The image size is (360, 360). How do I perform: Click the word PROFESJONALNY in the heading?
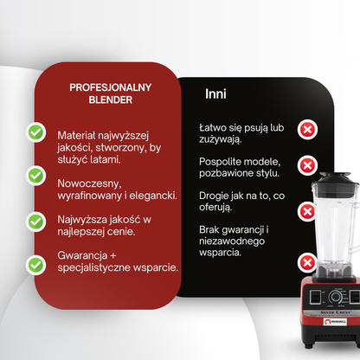[x=111, y=87]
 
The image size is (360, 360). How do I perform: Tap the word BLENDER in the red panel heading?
[x=111, y=100]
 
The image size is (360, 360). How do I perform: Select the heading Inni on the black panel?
[x=215, y=93]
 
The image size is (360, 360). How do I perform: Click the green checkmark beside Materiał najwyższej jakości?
[x=36, y=132]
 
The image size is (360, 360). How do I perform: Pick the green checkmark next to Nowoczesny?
[x=36, y=176]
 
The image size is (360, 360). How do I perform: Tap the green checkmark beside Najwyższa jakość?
[x=36, y=222]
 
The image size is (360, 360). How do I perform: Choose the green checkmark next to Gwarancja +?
[x=36, y=265]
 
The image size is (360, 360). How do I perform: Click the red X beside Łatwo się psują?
[x=307, y=130]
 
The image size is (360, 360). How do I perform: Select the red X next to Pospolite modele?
[x=307, y=165]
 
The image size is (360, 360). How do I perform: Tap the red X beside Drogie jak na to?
[x=307, y=212]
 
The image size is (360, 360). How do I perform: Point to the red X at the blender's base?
[x=307, y=262]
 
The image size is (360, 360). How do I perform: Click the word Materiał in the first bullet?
[x=76, y=135]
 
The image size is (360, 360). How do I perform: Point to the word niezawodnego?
[x=232, y=241]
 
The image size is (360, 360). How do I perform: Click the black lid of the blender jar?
[x=335, y=180]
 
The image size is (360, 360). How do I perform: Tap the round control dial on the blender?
[x=336, y=297]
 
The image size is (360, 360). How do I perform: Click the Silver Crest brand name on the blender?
[x=336, y=312]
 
